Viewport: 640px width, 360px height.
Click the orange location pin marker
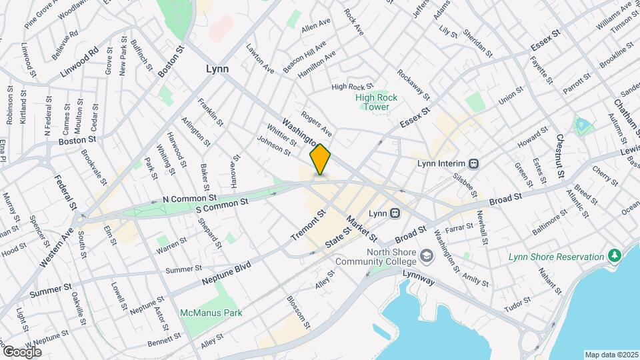pos(321,160)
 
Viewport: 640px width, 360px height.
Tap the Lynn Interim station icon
pos(473,163)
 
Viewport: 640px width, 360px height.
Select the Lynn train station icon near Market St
pos(395,213)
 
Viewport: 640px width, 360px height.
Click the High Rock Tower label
pos(377,102)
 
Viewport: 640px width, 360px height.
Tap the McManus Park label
pos(211,312)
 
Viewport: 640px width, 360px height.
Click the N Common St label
pos(190,198)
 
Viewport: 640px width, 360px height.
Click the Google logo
pos(22,352)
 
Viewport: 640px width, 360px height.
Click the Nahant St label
pos(551,281)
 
